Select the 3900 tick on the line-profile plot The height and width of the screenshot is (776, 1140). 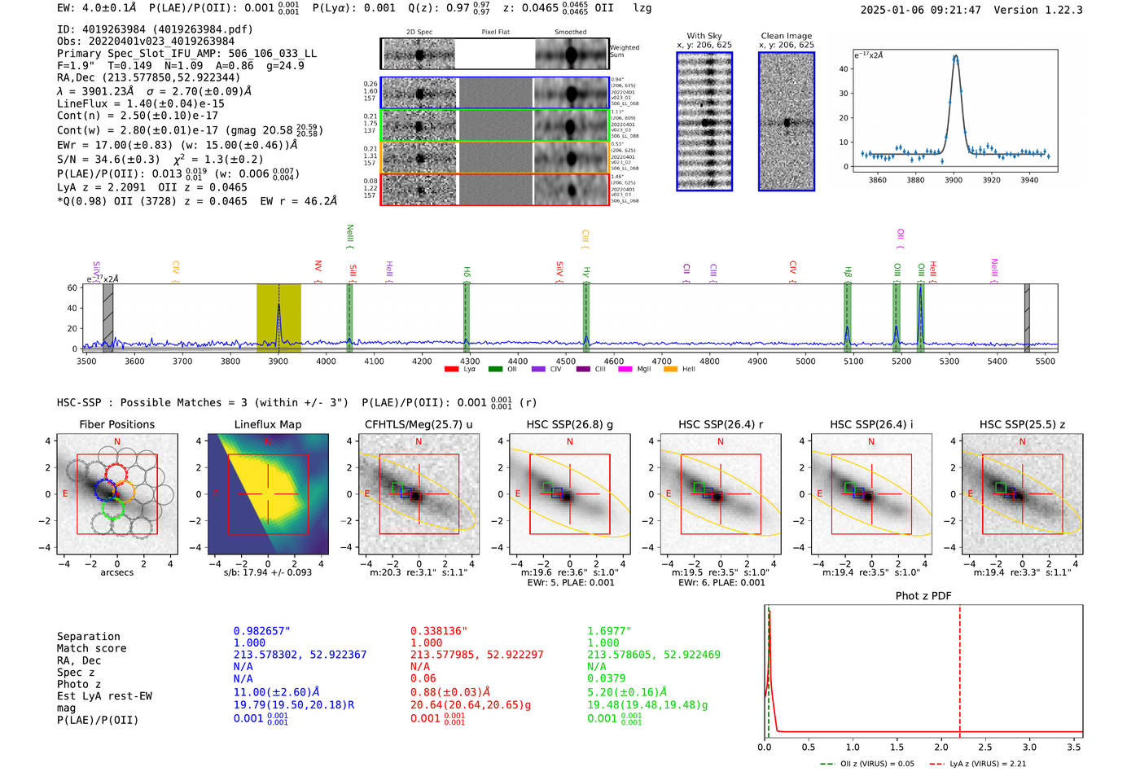coord(954,179)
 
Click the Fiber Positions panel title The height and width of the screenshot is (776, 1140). coord(116,424)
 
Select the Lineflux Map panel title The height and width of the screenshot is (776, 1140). coord(267,424)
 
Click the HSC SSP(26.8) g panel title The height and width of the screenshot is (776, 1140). coord(569,424)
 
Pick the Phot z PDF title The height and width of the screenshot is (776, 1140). coord(923,595)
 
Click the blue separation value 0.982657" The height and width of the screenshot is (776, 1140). coord(261,631)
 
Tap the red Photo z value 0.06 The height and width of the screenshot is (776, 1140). coord(423,678)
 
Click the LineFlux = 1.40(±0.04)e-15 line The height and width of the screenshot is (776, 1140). coord(140,103)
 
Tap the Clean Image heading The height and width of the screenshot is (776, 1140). coord(786,36)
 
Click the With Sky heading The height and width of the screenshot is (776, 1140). coord(704,36)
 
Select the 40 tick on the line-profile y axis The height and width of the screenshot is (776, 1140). coord(844,69)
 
